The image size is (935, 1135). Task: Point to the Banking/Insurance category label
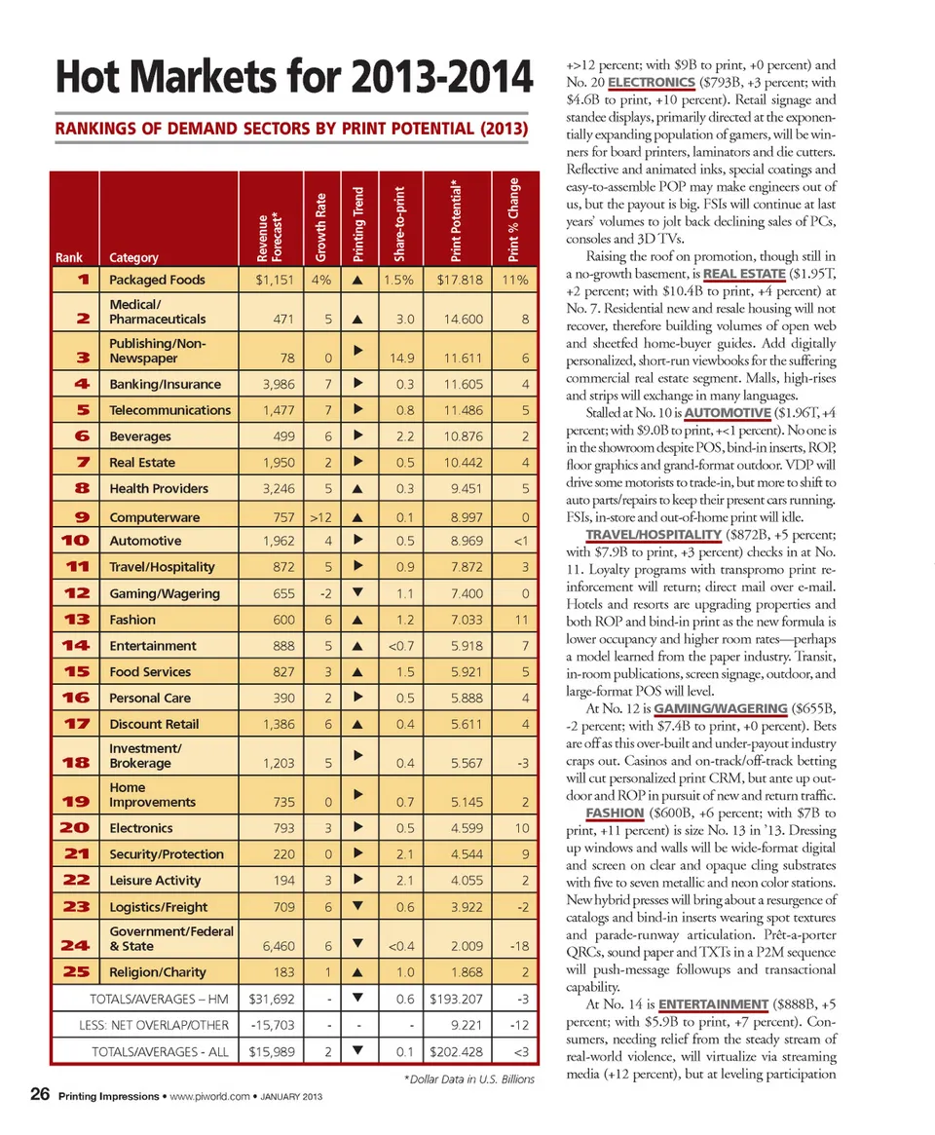pos(165,384)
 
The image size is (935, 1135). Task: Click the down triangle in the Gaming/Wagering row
pos(357,592)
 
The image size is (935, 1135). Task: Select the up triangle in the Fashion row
pos(357,619)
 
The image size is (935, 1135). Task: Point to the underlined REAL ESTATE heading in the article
pos(744,273)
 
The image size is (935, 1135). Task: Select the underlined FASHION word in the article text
pos(615,812)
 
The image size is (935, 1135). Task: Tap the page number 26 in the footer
pos(40,1097)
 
